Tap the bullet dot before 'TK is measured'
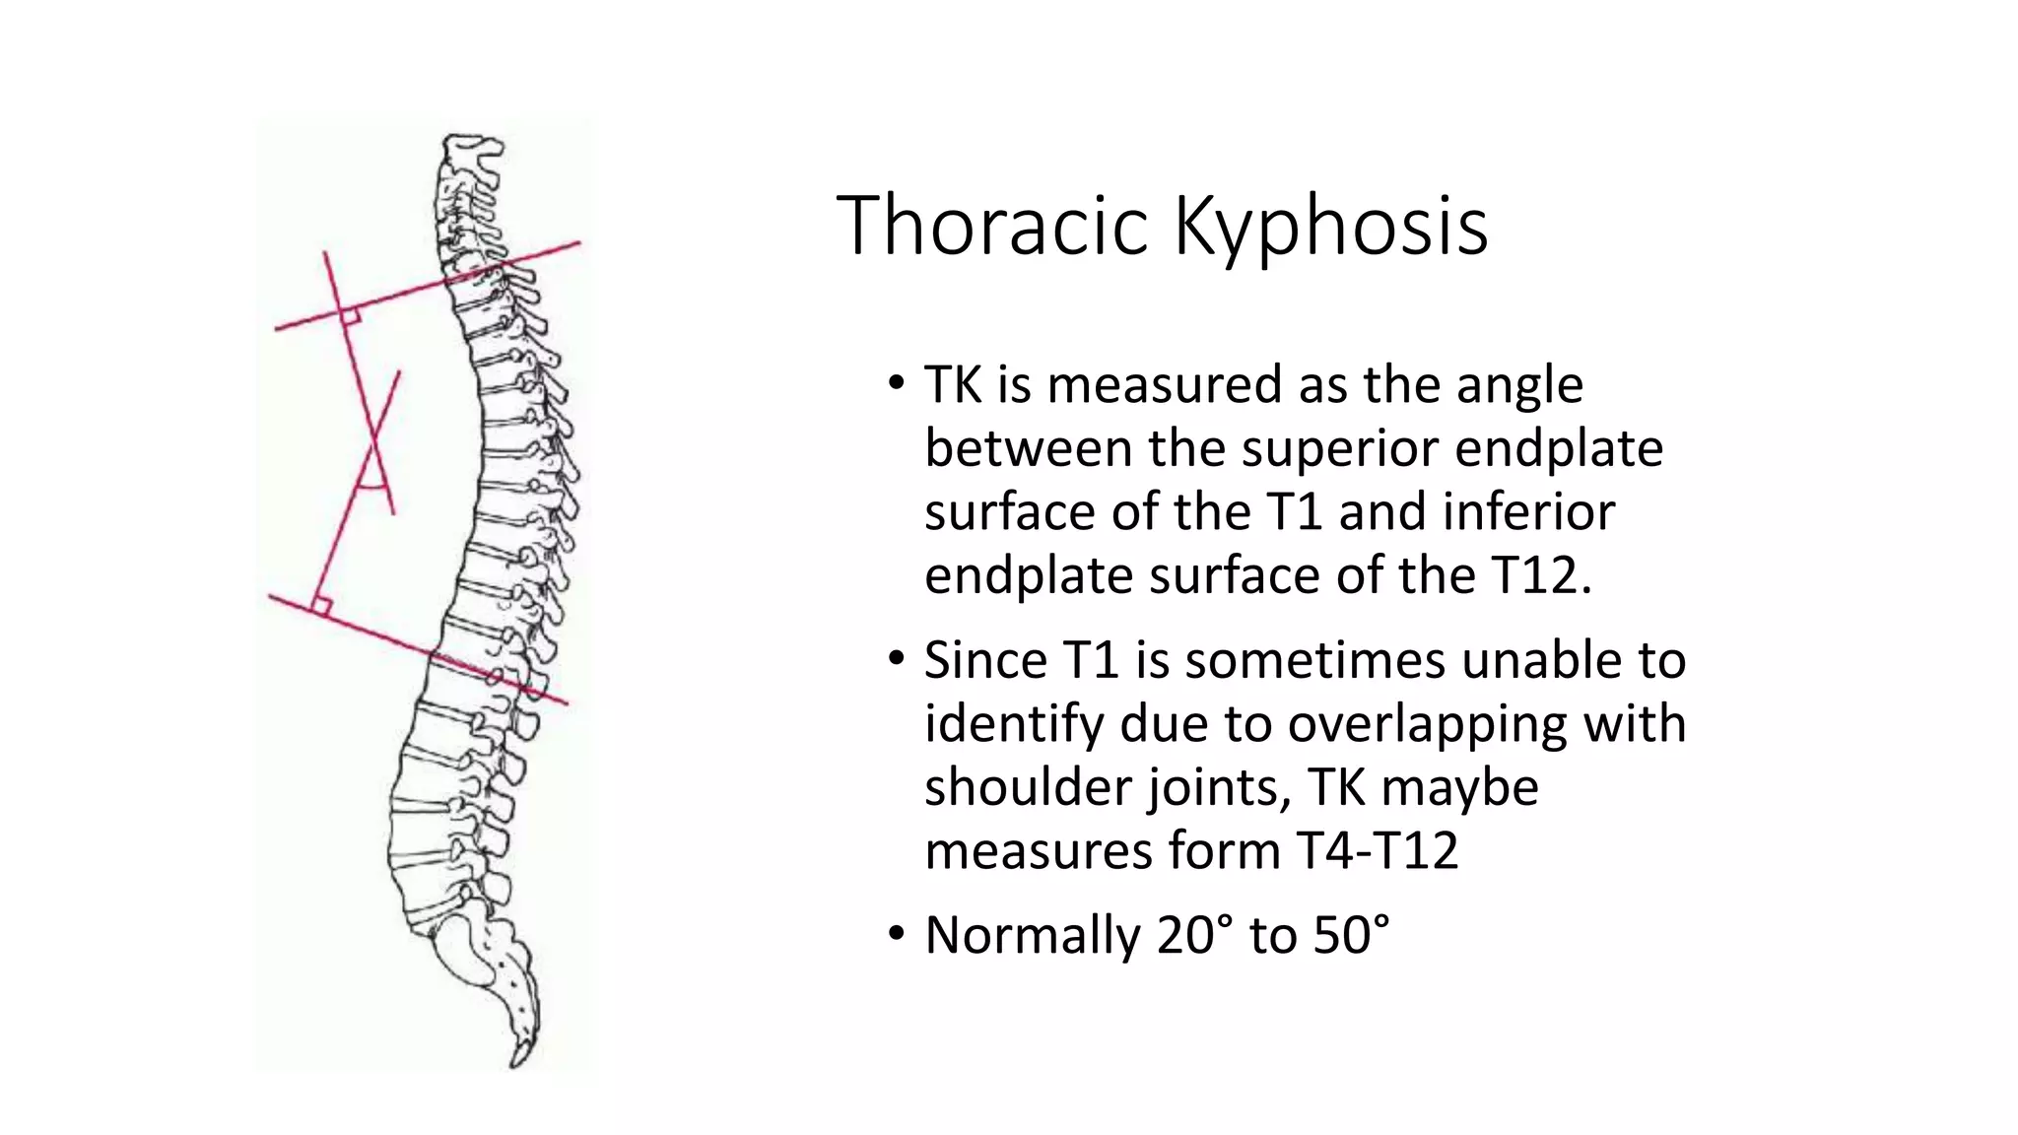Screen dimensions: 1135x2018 coord(895,383)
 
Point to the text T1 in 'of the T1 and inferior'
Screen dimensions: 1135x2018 coord(1293,512)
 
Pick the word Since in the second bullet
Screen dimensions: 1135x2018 coord(985,660)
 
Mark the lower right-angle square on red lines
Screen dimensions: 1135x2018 coord(320,605)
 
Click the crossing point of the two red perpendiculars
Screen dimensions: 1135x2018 coord(375,440)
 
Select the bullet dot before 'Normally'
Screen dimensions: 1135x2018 coord(895,934)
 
